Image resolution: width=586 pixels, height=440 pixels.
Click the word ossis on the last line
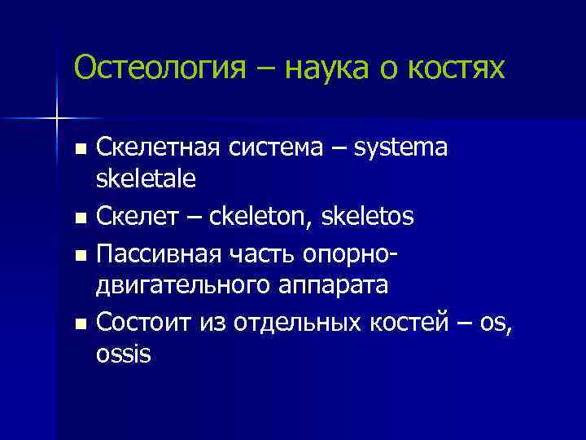[123, 355]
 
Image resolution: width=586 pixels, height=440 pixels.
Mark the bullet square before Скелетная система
[78, 150]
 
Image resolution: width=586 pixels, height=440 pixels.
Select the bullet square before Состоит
[78, 324]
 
